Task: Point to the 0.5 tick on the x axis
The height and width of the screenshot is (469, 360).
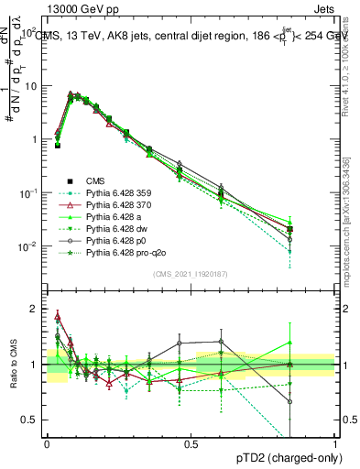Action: (191, 444)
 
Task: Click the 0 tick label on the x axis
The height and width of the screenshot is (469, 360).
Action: (47, 444)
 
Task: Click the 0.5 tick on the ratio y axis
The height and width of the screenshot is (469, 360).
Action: (33, 420)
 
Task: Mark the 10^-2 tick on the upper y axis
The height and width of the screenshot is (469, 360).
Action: (31, 246)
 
